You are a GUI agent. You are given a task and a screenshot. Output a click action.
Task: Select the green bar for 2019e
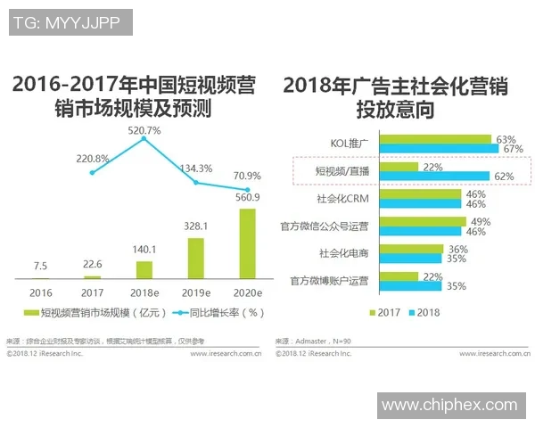tap(195, 258)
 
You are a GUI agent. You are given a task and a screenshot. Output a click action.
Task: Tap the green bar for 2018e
tap(144, 268)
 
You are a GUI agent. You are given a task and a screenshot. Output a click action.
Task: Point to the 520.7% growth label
tap(144, 130)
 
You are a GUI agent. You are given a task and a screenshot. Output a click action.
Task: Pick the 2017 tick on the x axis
tap(93, 292)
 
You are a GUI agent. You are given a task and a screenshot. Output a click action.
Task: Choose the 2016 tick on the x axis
tap(41, 292)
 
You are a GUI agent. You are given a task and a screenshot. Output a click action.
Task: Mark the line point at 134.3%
tap(195, 183)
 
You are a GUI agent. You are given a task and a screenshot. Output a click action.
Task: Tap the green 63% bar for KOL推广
tap(435, 139)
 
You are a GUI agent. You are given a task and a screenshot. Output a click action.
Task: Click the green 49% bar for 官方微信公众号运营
tap(423, 222)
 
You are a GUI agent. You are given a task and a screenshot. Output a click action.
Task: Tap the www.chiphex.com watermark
tap(449, 406)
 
